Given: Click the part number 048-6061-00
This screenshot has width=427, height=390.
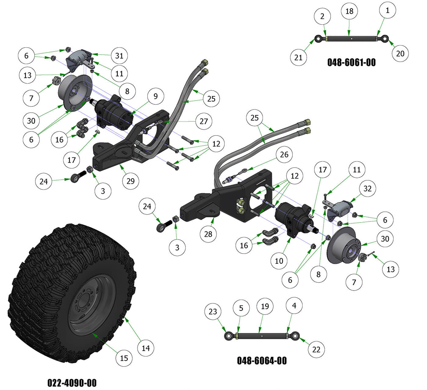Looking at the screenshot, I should point(351,63).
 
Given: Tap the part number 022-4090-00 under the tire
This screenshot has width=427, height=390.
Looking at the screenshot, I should point(72,383).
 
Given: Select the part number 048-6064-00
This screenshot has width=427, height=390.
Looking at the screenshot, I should point(262,361).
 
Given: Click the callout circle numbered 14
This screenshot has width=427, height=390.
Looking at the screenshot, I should point(146,348).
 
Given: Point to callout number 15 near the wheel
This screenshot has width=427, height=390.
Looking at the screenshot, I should point(124,358).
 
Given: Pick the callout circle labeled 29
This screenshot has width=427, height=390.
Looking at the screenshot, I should point(131,181).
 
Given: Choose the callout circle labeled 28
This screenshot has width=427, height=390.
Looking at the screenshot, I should point(208,234).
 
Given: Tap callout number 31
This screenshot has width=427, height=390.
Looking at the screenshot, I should point(119,56).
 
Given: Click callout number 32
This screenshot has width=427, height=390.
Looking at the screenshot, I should point(368,188).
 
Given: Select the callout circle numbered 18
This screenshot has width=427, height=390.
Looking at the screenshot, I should point(349,11).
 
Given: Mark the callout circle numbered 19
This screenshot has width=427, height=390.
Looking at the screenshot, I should point(265,306).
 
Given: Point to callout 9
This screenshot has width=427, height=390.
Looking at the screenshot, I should point(156,96).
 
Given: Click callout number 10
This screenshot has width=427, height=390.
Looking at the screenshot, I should point(279,261).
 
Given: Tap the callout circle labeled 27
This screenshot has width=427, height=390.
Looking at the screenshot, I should point(204,121).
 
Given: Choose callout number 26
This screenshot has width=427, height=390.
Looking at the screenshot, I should point(284,154).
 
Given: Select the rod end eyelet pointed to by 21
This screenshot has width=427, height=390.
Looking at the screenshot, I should point(318,39).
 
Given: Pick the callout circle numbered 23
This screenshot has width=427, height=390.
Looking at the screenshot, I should point(213,312).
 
